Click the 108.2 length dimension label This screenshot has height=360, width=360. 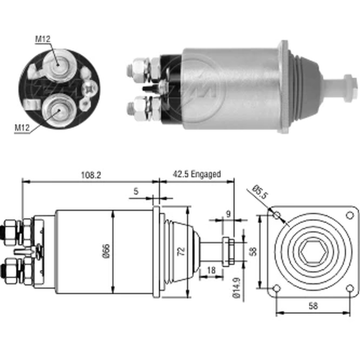pos(91,175)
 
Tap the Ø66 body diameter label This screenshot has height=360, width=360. pos(106,251)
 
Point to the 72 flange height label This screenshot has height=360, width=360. pos(181,252)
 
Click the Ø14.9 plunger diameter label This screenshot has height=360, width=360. pos(237,288)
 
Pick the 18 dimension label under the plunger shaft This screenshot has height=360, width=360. pos(211,270)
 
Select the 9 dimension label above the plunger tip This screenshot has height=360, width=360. pos(228,214)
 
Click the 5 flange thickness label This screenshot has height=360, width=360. pos(136,191)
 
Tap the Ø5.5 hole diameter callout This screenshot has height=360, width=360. pos(260,192)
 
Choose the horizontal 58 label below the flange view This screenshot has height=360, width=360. pos(313,306)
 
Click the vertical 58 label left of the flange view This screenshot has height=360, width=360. pos(253,252)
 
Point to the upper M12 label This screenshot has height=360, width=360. pos(43,39)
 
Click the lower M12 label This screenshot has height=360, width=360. pos(22,128)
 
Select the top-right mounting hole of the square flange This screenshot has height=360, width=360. pos(350,215)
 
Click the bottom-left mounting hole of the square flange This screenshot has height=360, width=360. pos(277,288)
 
